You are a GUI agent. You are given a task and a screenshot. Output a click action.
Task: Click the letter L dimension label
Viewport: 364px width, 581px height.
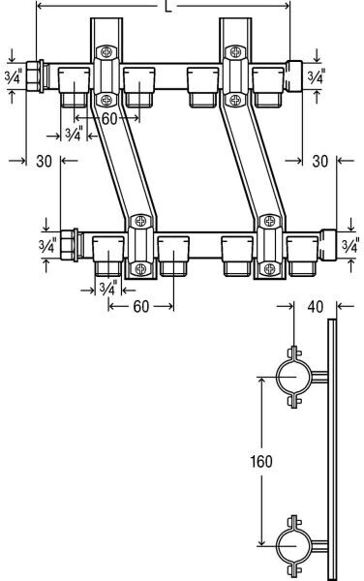[168, 7]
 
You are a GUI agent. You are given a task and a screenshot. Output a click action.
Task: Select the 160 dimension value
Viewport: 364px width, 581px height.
[261, 461]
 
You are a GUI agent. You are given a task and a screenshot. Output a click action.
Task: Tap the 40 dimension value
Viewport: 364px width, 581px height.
[316, 306]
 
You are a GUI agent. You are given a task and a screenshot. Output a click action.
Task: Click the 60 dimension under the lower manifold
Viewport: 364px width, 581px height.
[141, 306]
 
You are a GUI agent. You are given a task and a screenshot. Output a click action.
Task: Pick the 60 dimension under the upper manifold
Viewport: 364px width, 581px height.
[108, 118]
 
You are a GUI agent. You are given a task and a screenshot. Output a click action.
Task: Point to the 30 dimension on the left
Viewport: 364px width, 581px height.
[45, 161]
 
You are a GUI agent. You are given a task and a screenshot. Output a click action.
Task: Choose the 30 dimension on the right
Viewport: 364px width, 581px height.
[320, 161]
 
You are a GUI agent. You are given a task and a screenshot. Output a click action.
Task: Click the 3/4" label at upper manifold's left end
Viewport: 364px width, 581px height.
[14, 76]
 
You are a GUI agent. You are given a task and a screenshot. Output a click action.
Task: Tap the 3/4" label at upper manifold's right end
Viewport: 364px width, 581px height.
[317, 76]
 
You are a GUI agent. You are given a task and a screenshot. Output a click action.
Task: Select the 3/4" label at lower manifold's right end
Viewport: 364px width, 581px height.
[350, 246]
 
